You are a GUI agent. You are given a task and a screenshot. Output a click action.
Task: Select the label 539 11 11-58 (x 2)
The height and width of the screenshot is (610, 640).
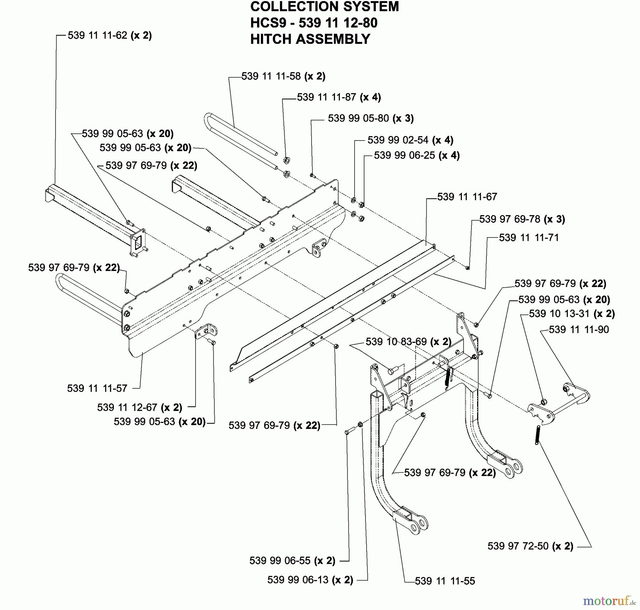(283, 76)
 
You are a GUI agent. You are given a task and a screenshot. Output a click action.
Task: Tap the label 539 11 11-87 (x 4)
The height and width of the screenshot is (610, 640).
(338, 97)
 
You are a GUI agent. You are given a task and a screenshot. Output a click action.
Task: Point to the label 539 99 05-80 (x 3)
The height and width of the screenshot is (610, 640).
(370, 118)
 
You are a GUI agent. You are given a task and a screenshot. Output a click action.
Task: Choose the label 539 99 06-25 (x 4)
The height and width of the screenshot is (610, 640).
(417, 155)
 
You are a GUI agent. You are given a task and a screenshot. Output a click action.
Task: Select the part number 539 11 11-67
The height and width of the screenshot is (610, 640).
(467, 197)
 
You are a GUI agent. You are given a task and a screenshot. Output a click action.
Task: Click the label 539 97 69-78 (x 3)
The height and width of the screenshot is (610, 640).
(522, 219)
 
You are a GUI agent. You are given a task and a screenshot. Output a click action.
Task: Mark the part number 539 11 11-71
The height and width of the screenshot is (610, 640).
(529, 238)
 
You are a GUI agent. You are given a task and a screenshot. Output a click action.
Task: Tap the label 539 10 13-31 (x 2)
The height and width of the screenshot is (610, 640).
(572, 314)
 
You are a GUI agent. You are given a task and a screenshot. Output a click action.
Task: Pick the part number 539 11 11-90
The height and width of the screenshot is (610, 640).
(578, 329)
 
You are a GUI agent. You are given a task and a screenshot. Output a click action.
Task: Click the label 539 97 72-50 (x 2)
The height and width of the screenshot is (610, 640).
(530, 546)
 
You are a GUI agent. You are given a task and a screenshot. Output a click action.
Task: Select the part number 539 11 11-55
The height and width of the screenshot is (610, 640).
(445, 581)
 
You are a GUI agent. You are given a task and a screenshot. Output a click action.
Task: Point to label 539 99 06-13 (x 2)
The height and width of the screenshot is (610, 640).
(310, 580)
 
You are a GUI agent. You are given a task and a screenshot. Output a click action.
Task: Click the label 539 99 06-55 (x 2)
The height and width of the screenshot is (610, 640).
(292, 561)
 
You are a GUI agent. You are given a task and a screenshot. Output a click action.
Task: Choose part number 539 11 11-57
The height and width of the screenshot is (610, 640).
(97, 388)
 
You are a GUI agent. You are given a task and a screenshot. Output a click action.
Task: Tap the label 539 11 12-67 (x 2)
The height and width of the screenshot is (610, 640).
(139, 407)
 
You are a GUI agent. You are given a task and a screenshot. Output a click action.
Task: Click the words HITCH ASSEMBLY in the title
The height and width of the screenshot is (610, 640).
(310, 39)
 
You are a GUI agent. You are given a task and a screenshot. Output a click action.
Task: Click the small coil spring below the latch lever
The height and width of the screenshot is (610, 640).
(537, 435)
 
